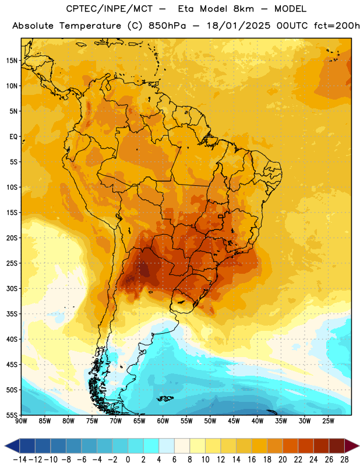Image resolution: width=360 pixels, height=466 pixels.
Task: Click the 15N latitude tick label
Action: pyautogui.click(x=12, y=61)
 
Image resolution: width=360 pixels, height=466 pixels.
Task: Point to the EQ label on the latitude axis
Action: pyautogui.click(x=13, y=137)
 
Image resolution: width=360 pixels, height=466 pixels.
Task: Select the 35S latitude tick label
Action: pyautogui.click(x=12, y=314)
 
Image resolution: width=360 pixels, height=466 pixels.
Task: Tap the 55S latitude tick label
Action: pyautogui.click(x=12, y=415)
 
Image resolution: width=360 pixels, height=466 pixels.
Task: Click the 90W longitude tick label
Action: pyautogui.click(x=21, y=421)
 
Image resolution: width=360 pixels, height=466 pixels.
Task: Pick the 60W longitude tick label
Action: pyautogui.click(x=163, y=421)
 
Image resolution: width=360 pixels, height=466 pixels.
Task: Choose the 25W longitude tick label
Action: pyautogui.click(x=329, y=421)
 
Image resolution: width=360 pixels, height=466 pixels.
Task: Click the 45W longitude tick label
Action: pyautogui.click(x=234, y=421)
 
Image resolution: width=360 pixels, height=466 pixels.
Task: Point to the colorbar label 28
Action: pyautogui.click(x=344, y=460)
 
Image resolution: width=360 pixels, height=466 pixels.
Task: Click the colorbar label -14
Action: pyautogui.click(x=20, y=460)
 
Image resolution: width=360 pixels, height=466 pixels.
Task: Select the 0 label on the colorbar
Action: pyautogui.click(x=128, y=460)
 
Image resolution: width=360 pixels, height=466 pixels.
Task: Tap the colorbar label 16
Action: pyautogui.click(x=252, y=460)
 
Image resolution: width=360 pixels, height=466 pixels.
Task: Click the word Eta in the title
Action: pyautogui.click(x=186, y=9)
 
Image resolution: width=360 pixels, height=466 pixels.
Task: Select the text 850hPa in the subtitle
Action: pyautogui.click(x=167, y=26)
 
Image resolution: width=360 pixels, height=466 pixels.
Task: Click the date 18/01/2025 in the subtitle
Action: pyautogui.click(x=239, y=26)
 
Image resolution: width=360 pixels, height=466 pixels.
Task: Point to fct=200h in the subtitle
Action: pyautogui.click(x=337, y=26)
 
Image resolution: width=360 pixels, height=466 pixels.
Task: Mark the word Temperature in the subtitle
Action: pyautogui.click(x=90, y=26)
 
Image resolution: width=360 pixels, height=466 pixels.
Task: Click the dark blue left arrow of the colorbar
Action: pyautogui.click(x=12, y=446)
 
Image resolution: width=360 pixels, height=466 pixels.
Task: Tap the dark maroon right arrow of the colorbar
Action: pyautogui.click(x=352, y=446)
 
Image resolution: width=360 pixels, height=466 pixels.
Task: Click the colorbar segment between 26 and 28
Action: pyautogui.click(x=337, y=446)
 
